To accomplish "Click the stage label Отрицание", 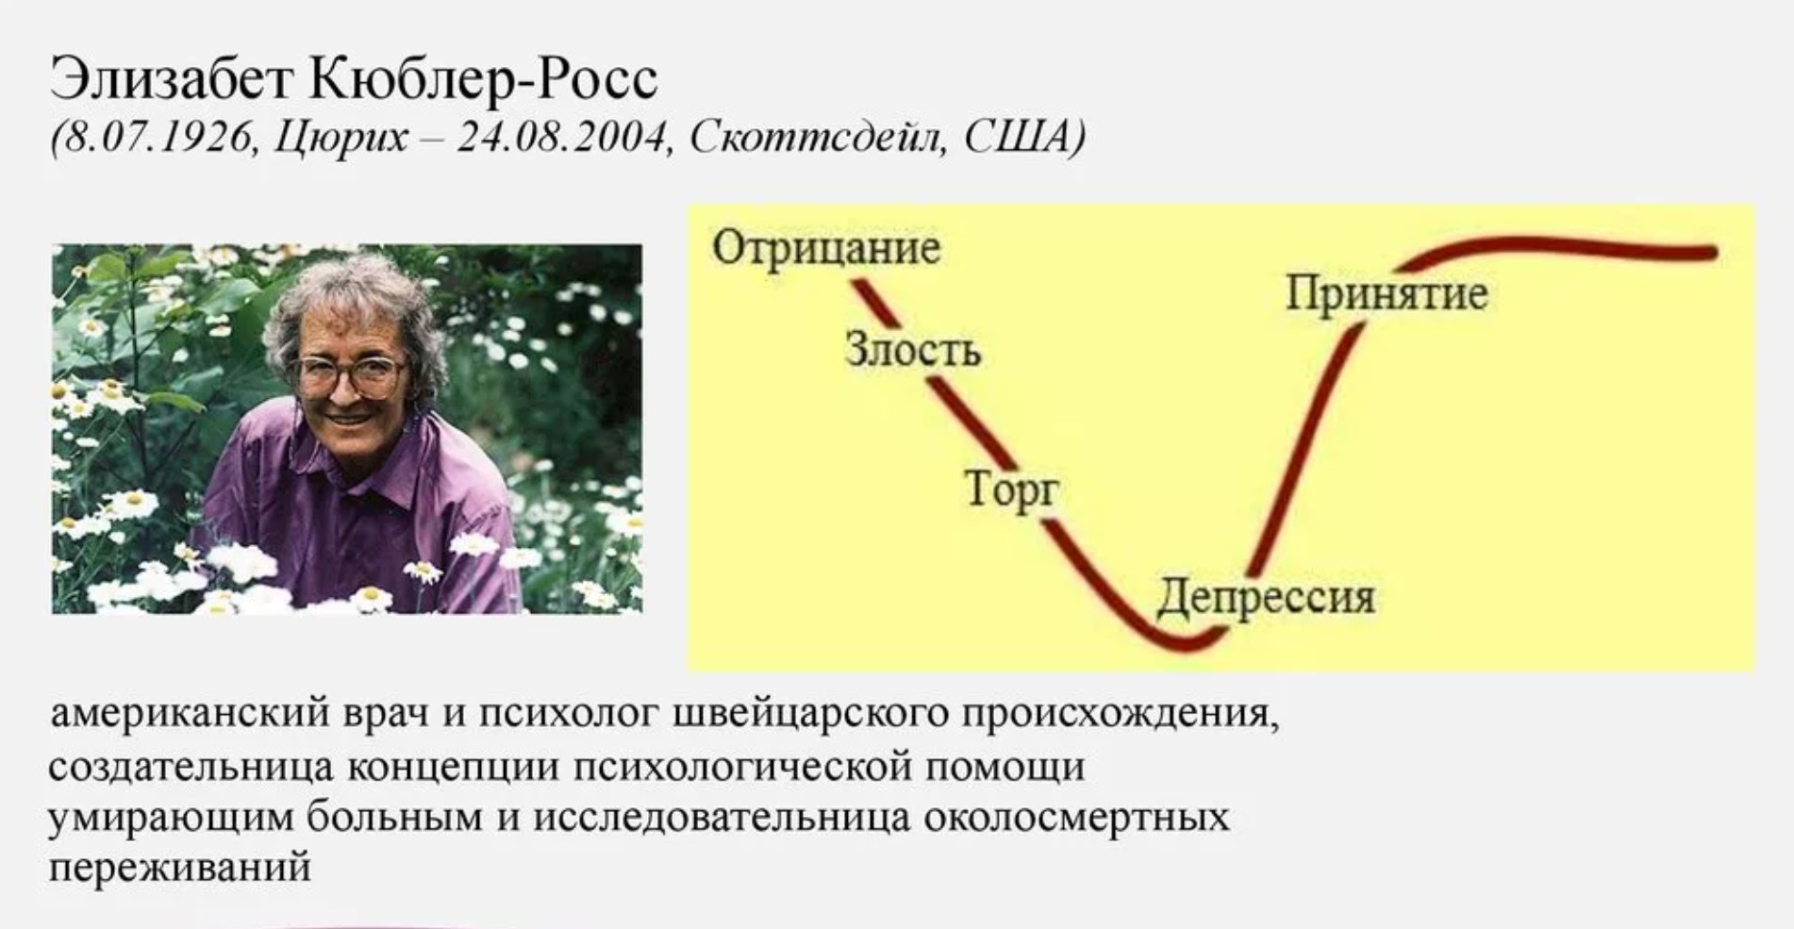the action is pos(826,249).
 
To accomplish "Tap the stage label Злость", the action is pos(913,349).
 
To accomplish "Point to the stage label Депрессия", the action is pos(1266,597).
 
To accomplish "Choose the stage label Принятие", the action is pos(1387,293).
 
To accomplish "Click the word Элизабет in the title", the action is pos(171,79).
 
